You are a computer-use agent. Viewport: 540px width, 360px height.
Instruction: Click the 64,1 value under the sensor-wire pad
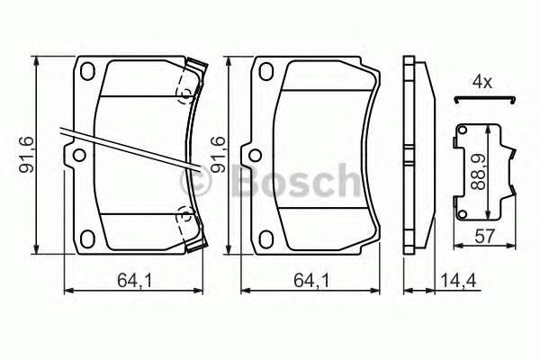131,280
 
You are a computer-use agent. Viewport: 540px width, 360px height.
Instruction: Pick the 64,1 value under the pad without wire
311,280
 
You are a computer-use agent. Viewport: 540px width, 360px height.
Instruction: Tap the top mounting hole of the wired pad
88,73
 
